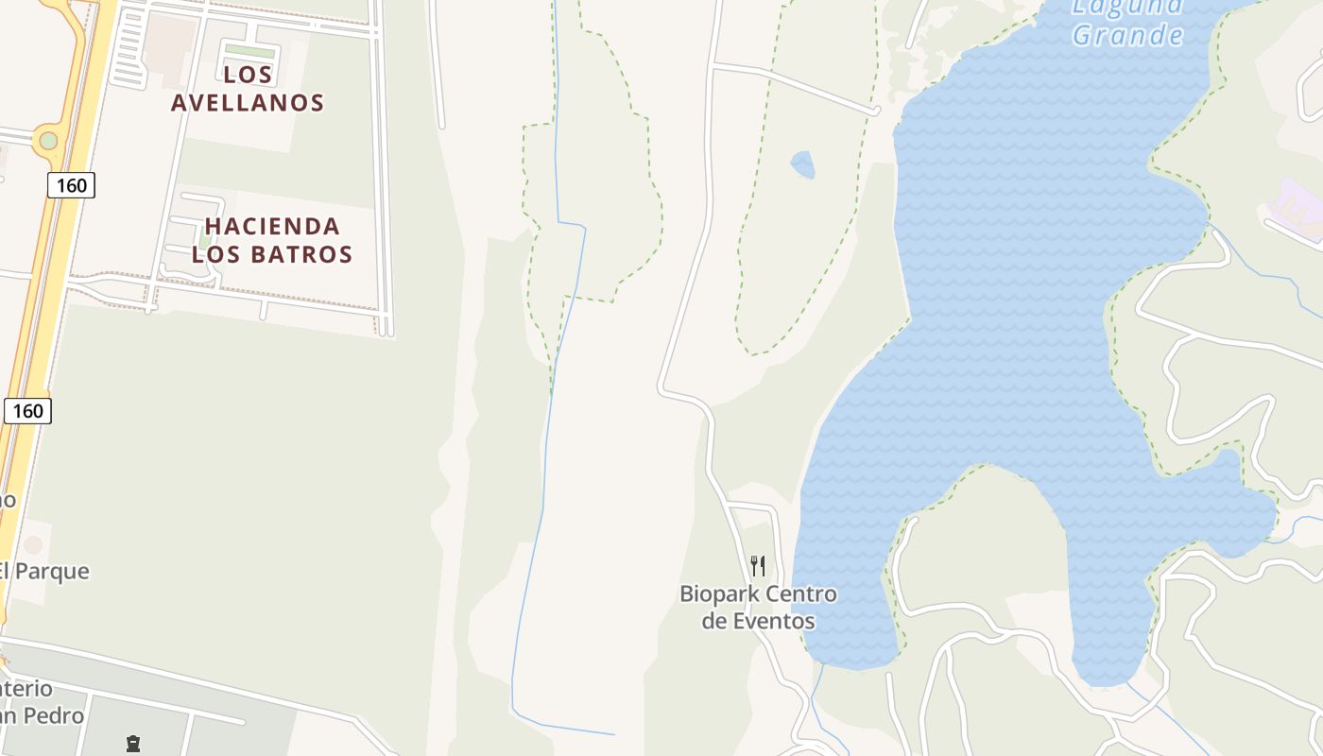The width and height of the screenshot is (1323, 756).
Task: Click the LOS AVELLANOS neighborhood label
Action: click(248, 88)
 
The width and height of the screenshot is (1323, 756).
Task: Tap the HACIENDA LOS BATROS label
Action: click(272, 240)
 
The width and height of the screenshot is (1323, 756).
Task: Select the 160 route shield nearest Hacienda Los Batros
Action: click(72, 185)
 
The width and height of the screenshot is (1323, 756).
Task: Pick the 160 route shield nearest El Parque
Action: click(28, 410)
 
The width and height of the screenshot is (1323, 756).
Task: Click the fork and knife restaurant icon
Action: click(758, 566)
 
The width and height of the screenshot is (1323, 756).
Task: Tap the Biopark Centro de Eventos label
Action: click(758, 608)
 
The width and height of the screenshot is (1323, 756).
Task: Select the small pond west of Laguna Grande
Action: click(802, 164)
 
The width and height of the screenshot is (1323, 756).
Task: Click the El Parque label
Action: click(43, 571)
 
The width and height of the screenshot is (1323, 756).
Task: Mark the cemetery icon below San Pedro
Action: click(133, 744)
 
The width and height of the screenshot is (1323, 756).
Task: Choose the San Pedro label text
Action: click(43, 715)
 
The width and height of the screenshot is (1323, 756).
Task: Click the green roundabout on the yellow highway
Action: click(48, 141)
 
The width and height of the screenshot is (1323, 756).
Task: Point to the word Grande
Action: click(1127, 36)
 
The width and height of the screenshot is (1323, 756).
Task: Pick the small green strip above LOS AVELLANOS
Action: click(250, 51)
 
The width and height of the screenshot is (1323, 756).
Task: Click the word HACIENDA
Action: click(272, 227)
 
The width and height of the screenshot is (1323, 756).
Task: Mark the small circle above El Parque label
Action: click(33, 545)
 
